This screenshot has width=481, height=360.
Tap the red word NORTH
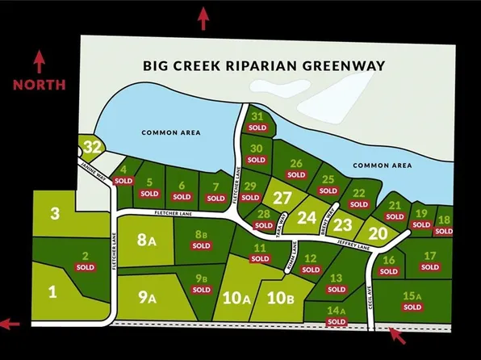39,84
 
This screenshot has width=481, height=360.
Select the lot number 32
93,147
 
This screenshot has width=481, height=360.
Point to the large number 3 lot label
55,213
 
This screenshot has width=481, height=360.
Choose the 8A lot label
145,239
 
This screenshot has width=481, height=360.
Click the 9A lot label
146,297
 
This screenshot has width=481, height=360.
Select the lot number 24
307,217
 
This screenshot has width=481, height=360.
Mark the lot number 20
379,233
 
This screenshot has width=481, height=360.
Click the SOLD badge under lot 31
257,128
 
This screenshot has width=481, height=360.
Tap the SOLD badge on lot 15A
412,308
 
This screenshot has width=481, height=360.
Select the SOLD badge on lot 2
85,267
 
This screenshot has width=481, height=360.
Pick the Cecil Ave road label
374,287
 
